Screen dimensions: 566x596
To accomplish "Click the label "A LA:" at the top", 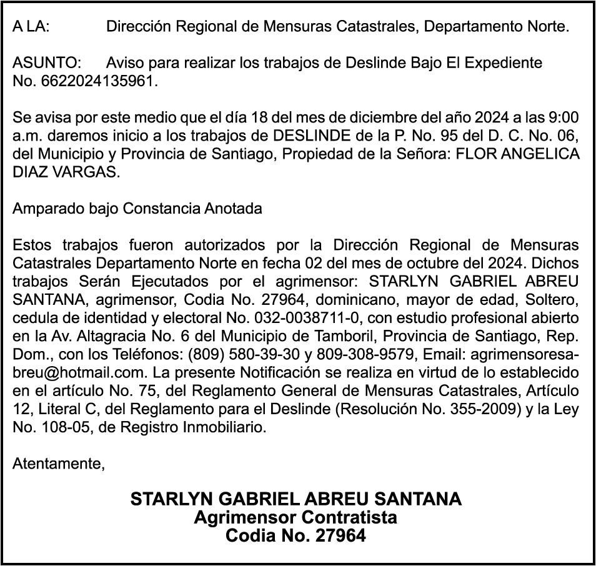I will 31,27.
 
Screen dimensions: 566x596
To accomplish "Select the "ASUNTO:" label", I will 47,63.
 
